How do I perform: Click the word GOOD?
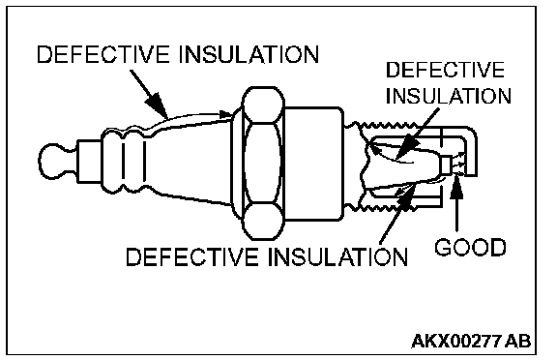coord(470,248)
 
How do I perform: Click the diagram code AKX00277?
coord(456,341)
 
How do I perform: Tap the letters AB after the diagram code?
coord(517,341)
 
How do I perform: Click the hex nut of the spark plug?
coord(262,164)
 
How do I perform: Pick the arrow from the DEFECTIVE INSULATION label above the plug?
coord(149,94)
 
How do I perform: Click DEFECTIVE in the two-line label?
coord(445,70)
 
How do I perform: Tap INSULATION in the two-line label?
coord(449,96)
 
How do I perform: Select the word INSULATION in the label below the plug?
coord(337,256)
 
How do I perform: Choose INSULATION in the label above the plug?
coord(249,55)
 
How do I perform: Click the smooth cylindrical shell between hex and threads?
coord(313,164)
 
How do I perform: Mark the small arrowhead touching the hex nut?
coord(226,114)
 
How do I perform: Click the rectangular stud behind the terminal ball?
coord(90,162)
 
